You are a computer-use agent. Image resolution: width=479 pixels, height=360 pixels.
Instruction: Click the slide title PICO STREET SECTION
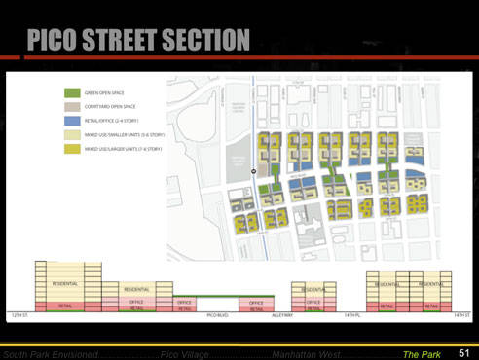[138, 40]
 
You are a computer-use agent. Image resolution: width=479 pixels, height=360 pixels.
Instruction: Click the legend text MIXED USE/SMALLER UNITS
[122, 134]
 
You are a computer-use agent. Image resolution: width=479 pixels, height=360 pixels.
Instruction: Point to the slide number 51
[463, 352]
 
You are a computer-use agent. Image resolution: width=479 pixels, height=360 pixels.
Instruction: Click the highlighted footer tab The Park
[422, 353]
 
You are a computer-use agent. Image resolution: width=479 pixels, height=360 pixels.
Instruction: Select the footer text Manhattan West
[305, 353]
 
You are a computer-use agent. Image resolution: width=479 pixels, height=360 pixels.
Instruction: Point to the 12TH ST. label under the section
[19, 315]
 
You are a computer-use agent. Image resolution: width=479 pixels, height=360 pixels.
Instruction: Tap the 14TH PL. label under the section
[351, 315]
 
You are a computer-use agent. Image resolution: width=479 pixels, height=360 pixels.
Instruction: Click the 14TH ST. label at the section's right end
[461, 315]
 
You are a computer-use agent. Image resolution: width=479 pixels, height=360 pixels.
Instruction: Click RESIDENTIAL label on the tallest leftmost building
[65, 283]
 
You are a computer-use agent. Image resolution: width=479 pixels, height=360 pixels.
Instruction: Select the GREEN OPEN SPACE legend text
[103, 90]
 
